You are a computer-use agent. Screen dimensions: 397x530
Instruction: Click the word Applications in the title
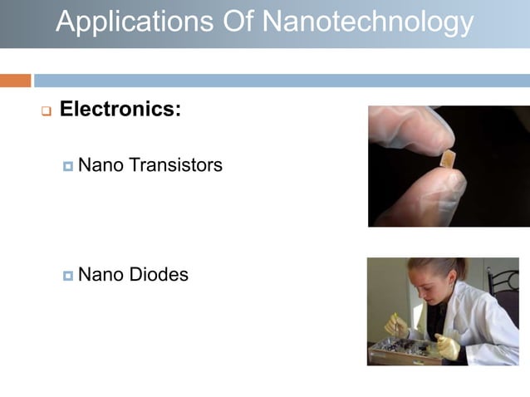point(132,22)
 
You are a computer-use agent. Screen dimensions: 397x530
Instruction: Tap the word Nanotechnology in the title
point(370,22)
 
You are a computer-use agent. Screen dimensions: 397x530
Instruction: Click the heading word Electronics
point(120,109)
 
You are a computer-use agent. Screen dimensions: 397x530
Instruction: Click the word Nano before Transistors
point(99,165)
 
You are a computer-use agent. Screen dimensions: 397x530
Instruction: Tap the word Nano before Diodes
point(99,274)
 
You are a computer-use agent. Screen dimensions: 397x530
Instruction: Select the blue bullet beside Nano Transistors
point(68,166)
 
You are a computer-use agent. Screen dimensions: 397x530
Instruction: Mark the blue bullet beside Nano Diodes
point(68,275)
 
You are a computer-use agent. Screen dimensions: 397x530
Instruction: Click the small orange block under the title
point(15,81)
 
